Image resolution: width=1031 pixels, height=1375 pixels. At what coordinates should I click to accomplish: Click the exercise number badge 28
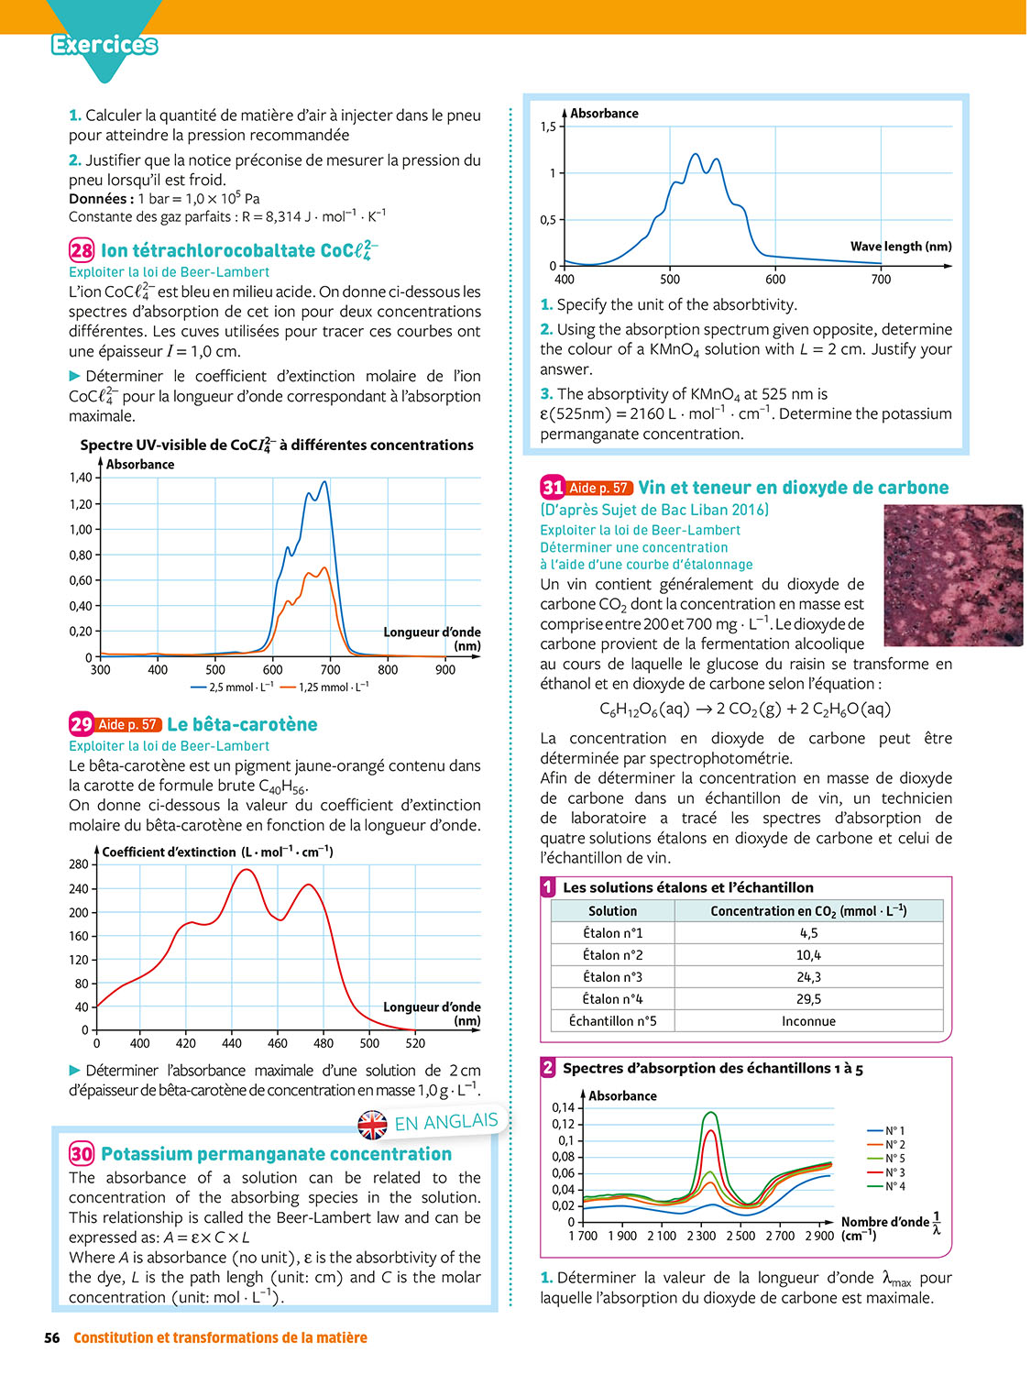point(82,250)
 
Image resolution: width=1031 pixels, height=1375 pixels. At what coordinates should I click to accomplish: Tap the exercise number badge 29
point(82,724)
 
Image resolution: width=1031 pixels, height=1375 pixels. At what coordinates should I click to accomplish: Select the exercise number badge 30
point(82,1154)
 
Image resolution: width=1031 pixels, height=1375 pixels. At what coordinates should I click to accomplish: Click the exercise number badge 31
point(553,488)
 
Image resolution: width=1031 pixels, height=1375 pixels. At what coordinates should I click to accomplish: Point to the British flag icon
point(372,1125)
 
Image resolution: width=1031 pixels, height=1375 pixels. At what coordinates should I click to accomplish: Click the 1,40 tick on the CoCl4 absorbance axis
point(81,478)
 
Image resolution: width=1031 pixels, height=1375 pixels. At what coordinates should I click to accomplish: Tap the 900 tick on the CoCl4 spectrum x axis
point(445,670)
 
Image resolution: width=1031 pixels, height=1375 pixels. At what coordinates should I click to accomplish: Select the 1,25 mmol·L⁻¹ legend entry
point(325,687)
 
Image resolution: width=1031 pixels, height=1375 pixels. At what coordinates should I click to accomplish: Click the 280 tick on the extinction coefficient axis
point(79,864)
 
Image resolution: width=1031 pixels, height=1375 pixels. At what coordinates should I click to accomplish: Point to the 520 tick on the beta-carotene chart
point(415,1043)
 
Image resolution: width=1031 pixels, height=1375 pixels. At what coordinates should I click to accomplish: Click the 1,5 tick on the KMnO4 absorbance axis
point(548,126)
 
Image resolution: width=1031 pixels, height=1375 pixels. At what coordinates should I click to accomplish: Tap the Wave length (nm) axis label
point(901,247)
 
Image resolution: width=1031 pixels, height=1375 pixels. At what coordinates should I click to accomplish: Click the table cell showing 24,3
point(808,977)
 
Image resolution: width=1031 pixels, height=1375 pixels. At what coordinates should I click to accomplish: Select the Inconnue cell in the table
point(808,1021)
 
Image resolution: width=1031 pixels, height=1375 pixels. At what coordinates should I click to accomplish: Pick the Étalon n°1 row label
point(612,933)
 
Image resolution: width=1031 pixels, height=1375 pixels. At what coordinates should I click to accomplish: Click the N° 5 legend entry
point(894,1159)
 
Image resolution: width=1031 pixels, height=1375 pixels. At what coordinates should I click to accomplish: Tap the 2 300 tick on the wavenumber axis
point(701,1236)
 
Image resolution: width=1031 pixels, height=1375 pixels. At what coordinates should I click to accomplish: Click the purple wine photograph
point(952,575)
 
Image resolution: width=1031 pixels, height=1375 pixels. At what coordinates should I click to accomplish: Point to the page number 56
point(52,1338)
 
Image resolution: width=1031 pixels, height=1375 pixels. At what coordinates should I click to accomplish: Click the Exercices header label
point(104,44)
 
